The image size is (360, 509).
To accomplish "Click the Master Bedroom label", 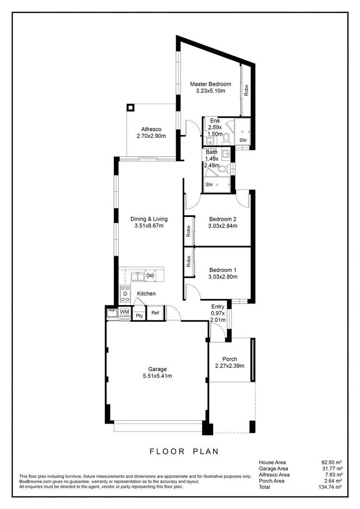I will coord(210,84).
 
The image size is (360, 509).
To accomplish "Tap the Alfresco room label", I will coord(151,129).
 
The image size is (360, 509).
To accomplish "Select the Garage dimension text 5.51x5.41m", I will coord(157,376).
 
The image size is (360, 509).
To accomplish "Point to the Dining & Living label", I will coord(149,219).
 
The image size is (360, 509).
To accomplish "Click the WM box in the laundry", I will coord(124,312).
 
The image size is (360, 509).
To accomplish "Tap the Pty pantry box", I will coord(139,315).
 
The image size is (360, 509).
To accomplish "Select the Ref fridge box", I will coord(155,313).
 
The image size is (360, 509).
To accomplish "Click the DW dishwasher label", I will coord(150,276).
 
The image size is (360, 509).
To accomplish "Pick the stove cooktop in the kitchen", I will coord(125,294).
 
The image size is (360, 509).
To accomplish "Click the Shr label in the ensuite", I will coord(243,140).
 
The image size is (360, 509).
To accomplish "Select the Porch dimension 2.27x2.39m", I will coord(229,366).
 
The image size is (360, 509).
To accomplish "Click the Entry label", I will coord(218,307).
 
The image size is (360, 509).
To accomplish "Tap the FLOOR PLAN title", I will coord(184,451).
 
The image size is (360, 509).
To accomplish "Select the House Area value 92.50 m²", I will coord(332,462).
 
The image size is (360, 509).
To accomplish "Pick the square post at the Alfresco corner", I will coord(130,107).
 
